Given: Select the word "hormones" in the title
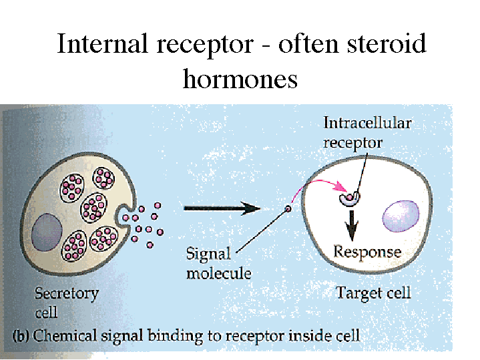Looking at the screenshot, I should [x=240, y=79].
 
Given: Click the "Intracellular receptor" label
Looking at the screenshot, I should [x=367, y=132].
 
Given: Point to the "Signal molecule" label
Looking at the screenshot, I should [x=208, y=263].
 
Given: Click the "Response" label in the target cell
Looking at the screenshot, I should [x=367, y=252].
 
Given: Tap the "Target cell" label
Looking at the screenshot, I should [x=373, y=293].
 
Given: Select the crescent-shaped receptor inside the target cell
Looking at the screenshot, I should [x=349, y=198].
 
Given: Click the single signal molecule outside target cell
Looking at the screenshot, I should [x=288, y=208].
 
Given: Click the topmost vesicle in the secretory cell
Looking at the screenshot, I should [x=104, y=178].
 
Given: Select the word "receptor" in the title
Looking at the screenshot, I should [x=214, y=45].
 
